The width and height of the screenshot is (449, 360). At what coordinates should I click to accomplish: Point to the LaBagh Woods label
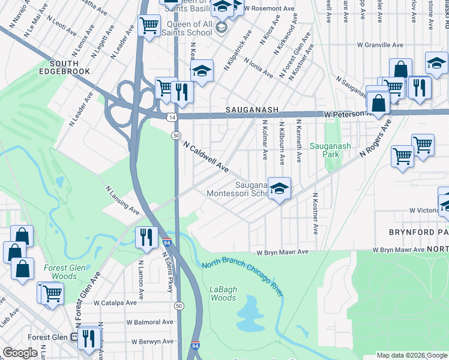223,293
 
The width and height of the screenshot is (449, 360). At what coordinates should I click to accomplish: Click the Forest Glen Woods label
60,272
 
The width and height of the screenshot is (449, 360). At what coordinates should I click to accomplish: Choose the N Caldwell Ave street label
206,157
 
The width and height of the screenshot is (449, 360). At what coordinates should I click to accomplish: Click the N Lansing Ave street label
122,200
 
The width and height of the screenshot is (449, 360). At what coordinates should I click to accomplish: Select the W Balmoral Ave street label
149,322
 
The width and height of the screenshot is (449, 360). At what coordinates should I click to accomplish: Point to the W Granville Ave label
380,45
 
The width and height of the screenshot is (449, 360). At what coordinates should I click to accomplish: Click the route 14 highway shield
172,118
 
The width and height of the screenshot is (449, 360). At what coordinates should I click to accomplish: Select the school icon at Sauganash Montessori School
279,188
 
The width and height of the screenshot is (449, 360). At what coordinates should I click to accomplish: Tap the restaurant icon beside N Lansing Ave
146,237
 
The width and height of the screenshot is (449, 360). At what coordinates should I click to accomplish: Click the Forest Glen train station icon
74,337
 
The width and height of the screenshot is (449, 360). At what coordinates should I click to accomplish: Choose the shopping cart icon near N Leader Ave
148,26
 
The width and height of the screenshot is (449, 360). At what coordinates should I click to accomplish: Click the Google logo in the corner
21,353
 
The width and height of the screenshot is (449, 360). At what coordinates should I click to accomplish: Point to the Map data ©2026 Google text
411,355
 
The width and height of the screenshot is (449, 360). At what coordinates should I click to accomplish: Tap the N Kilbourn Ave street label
281,142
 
